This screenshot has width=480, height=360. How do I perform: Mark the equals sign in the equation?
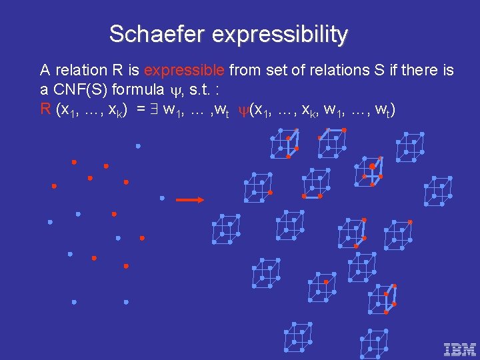(x=141, y=109)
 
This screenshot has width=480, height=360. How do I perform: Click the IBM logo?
(x=460, y=348)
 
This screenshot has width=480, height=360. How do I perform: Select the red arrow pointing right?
(x=190, y=199)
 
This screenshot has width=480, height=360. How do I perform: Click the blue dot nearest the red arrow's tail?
(x=162, y=198)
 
